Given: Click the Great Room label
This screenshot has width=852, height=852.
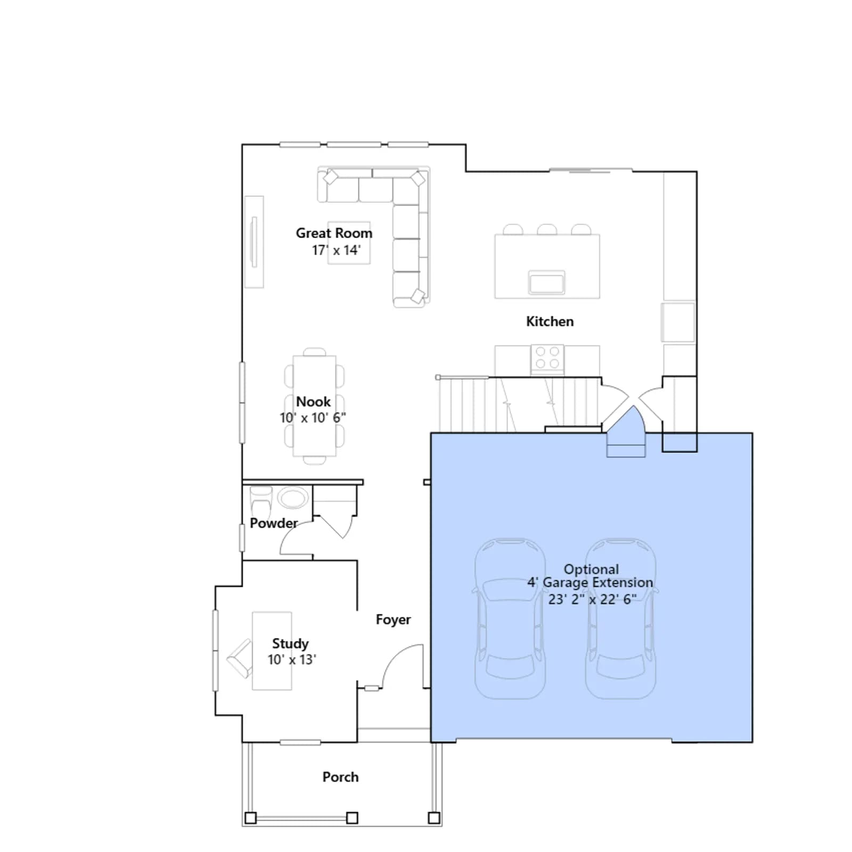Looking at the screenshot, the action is pyautogui.click(x=334, y=233).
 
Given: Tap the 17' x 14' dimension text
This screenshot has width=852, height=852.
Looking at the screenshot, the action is pyautogui.click(x=336, y=250).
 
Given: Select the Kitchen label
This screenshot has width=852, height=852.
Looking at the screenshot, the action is pyautogui.click(x=550, y=321).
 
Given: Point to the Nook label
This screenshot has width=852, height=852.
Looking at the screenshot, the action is pyautogui.click(x=313, y=402).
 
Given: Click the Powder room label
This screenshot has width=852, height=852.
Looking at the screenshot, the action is pyautogui.click(x=274, y=523).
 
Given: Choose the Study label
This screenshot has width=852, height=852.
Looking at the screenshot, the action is pyautogui.click(x=290, y=644).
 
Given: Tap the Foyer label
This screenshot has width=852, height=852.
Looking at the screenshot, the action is pyautogui.click(x=393, y=620).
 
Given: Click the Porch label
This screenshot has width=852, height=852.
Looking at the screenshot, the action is pyautogui.click(x=340, y=777).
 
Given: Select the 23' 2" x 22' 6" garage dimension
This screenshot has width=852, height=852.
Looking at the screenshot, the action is pyautogui.click(x=592, y=599).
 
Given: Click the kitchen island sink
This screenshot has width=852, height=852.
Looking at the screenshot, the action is pyautogui.click(x=546, y=282).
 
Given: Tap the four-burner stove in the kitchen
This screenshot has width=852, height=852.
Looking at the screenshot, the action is pyautogui.click(x=547, y=358).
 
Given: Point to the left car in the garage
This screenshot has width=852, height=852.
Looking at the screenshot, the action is pyautogui.click(x=510, y=618).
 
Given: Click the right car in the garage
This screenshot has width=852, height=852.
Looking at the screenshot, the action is pyautogui.click(x=620, y=618).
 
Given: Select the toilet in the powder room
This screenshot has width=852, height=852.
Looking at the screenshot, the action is pyautogui.click(x=261, y=500).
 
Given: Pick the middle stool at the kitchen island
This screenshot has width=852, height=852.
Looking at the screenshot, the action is pyautogui.click(x=547, y=230).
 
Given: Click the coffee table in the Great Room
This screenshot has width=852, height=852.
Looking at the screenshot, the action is pyautogui.click(x=349, y=242).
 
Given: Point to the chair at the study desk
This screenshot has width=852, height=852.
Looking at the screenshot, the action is pyautogui.click(x=240, y=659).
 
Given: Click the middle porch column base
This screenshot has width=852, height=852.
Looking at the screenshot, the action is pyautogui.click(x=352, y=817).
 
